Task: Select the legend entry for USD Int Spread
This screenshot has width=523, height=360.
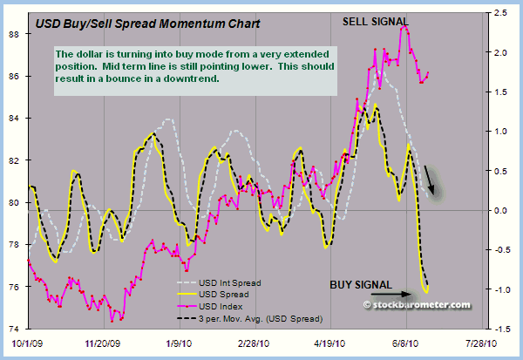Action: (x=232, y=282)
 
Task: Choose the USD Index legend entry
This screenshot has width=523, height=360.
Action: (x=225, y=306)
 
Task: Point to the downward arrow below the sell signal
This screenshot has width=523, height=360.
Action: (x=431, y=180)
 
